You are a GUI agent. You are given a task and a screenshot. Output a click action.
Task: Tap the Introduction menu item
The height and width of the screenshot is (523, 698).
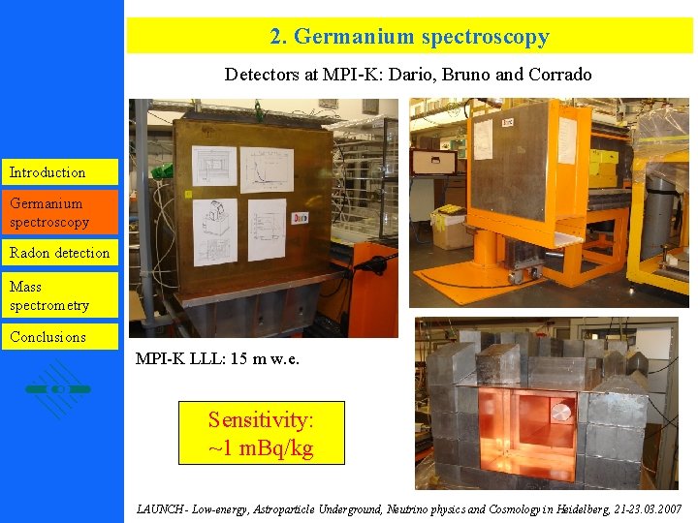pyautogui.click(x=48, y=172)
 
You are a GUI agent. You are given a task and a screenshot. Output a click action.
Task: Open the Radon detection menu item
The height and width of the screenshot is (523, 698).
pyautogui.click(x=59, y=253)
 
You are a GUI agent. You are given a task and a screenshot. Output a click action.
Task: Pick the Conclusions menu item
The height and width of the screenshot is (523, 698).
pyautogui.click(x=48, y=337)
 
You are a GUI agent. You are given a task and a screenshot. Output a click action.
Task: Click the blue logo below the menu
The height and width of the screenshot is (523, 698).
pyautogui.click(x=58, y=388)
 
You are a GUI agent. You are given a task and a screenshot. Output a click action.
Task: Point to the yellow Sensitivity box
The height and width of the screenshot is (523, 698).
pyautogui.click(x=262, y=433)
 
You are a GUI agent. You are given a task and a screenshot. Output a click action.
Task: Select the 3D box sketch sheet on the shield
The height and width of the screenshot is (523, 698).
pyautogui.click(x=215, y=225)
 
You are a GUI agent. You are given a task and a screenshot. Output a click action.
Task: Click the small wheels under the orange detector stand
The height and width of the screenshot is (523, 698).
pyautogui.click(x=524, y=275)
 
